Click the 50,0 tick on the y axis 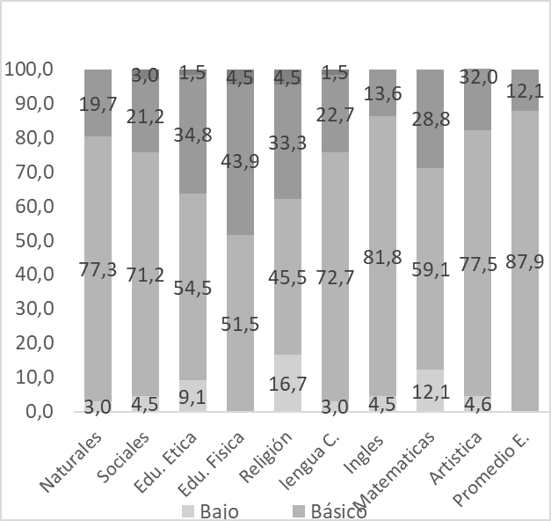pos(30,240)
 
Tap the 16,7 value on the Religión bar pos(288,385)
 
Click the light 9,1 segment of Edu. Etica pos(192,395)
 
